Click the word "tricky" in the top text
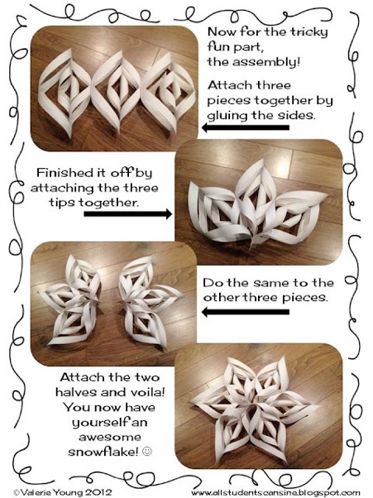pyautogui.click(x=308, y=32)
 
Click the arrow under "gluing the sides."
pyautogui.click(x=246, y=127)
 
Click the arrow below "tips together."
pyautogui.click(x=128, y=213)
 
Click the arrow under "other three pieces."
pyautogui.click(x=246, y=312)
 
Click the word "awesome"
pyautogui.click(x=110, y=437)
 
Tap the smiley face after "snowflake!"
pyautogui.click(x=147, y=451)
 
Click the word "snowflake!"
pyautogui.click(x=103, y=452)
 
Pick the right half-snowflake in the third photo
pyautogui.click(x=147, y=302)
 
